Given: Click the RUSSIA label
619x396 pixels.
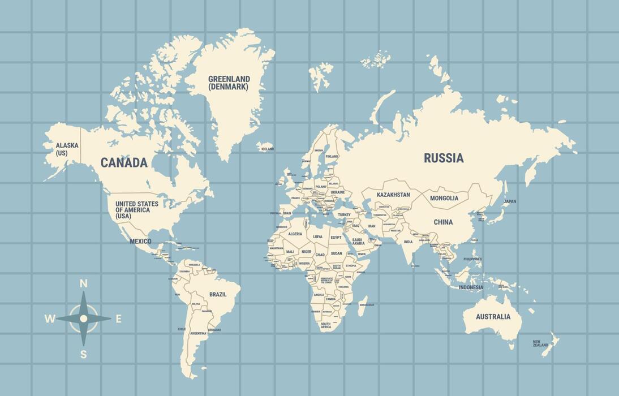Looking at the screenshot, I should (444, 158).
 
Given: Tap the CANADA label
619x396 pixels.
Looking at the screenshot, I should (124, 163).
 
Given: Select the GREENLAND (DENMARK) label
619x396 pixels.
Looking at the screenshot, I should (229, 83).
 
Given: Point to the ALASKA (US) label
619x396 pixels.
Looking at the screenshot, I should (67, 149).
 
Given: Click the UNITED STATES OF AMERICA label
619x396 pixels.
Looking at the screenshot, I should (137, 209).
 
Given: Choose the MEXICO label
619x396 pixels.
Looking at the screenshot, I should (140, 242).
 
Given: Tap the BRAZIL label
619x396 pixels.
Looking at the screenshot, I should (218, 294).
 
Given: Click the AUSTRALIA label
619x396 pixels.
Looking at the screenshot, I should (493, 317).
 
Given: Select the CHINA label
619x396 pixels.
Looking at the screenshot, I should (443, 222).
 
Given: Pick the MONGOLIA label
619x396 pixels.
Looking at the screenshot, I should (444, 198).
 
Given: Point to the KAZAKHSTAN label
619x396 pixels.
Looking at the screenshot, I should (393, 195).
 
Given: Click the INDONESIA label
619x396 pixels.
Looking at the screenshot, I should (471, 287).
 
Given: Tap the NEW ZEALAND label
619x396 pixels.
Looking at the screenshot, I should (540, 343).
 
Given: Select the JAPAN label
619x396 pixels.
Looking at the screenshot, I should (510, 201).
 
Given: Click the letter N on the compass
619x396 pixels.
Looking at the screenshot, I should (83, 283).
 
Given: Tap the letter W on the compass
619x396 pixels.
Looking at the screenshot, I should (50, 319).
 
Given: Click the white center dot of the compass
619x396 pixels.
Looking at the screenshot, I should (84, 318).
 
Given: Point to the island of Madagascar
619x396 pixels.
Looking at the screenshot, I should (362, 306).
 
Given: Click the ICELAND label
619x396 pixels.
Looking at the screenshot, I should (267, 149).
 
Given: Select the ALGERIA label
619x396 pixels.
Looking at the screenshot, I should (295, 234).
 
